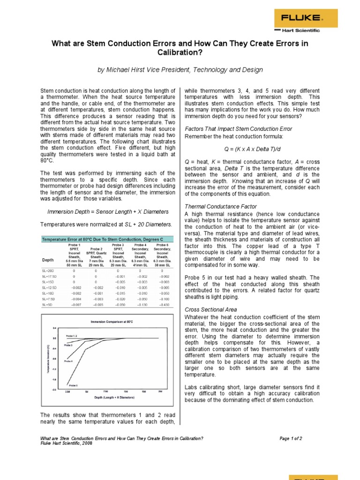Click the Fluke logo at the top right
click(301, 18)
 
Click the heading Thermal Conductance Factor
click(215, 206)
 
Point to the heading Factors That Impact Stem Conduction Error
click(239, 128)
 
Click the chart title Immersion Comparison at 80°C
click(112, 322)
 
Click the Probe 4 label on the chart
click(68, 361)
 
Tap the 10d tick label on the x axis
click(125, 391)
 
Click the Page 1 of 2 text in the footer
click(291, 438)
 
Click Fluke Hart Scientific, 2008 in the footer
click(66, 443)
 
